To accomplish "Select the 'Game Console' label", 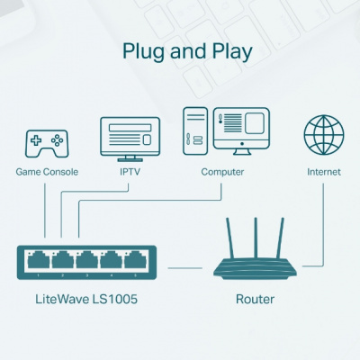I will [47, 171].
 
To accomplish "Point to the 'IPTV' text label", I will [129, 171].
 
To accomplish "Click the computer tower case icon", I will [195, 131].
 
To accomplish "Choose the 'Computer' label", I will [222, 171].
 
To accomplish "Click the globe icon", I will [323, 136].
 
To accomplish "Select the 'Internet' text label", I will [323, 171].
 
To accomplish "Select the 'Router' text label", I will [255, 300].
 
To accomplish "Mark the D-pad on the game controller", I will [36, 140].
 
